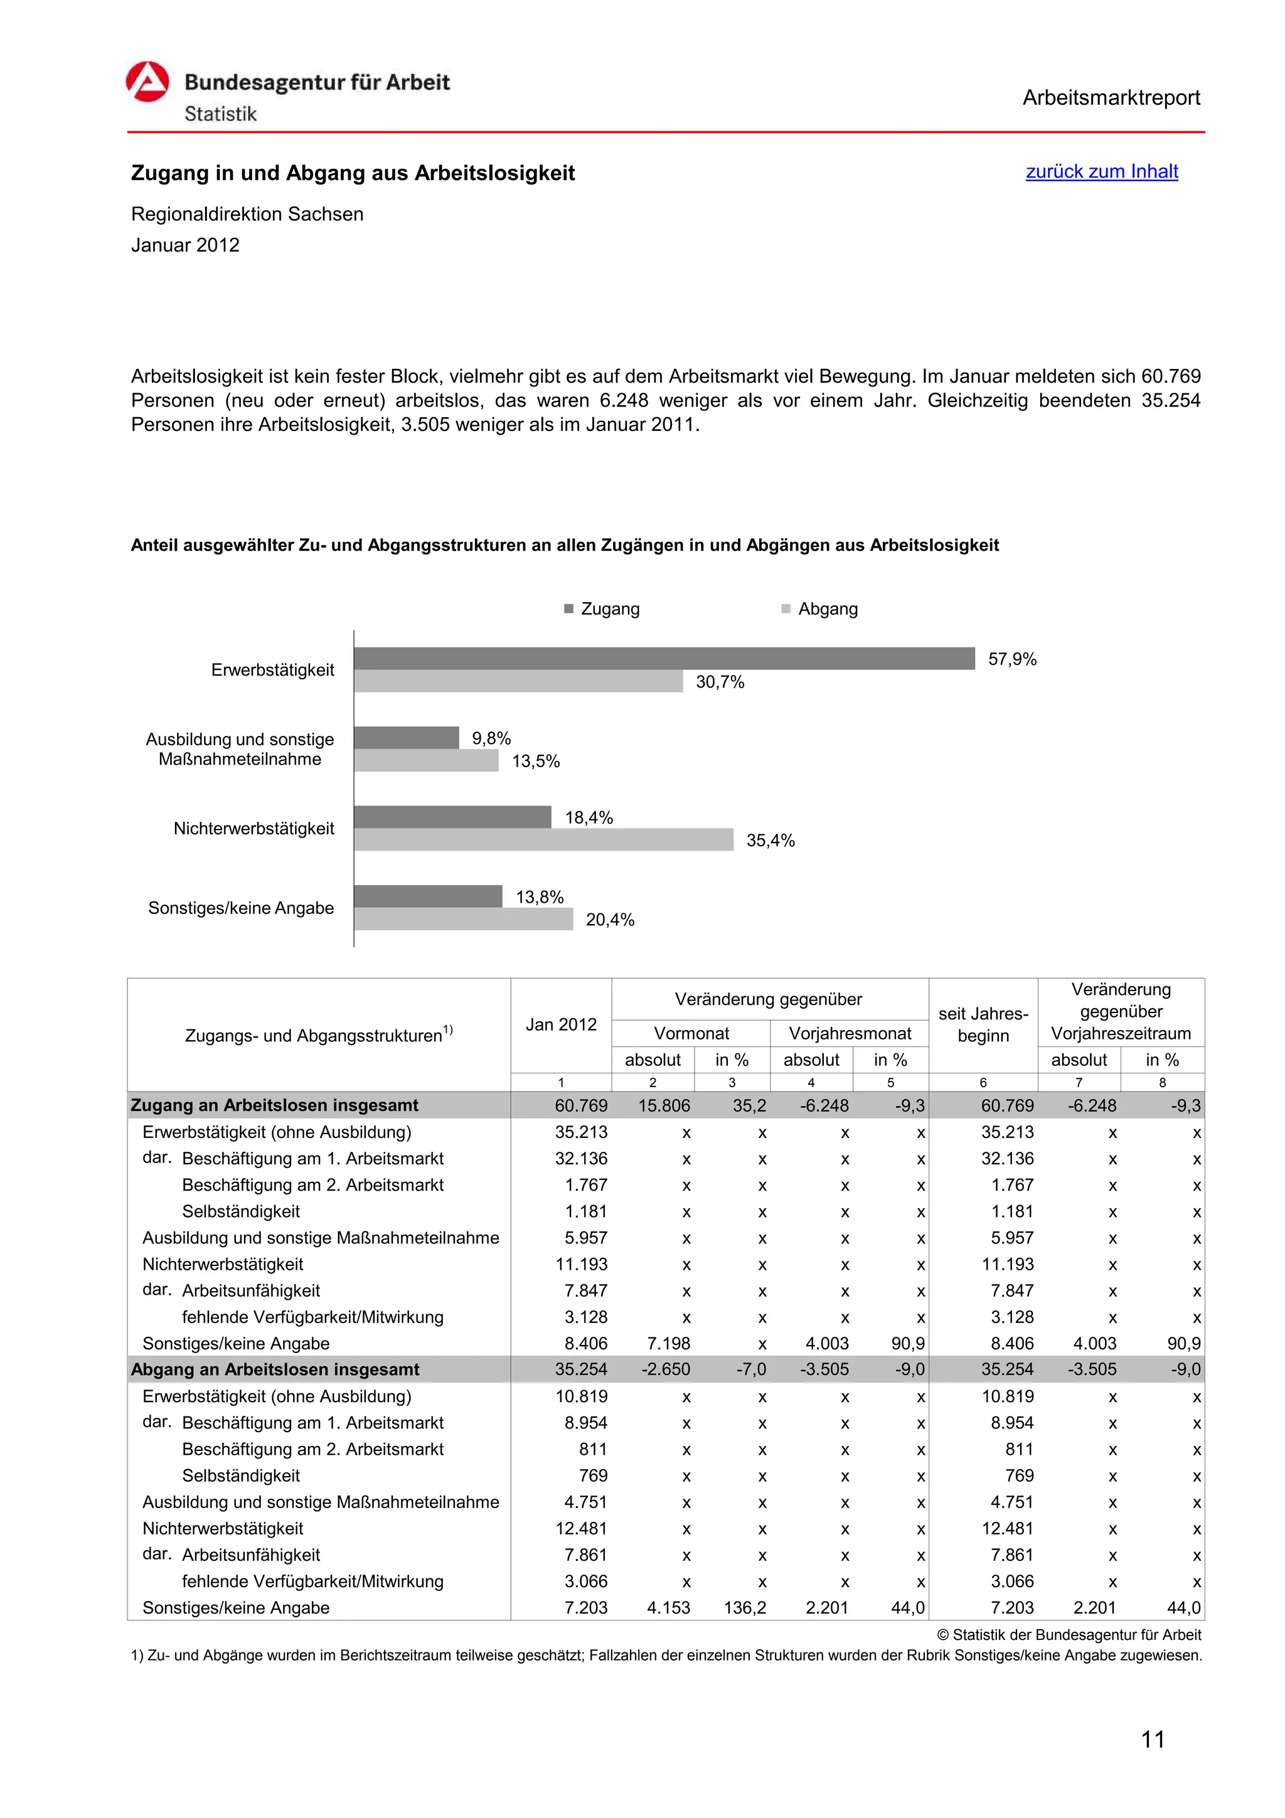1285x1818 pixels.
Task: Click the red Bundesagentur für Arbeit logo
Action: coord(147,82)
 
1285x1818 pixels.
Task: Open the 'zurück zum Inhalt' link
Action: coord(1101,172)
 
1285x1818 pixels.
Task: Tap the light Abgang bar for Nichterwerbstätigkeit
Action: coord(543,839)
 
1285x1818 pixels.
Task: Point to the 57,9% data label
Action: coord(1012,659)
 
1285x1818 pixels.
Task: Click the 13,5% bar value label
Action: coord(536,761)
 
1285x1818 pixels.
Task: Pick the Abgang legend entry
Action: coord(819,609)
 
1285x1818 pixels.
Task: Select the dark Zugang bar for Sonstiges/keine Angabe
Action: coord(427,896)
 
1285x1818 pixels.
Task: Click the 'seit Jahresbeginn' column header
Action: coord(983,1024)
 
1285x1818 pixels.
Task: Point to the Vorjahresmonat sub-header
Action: coord(850,1033)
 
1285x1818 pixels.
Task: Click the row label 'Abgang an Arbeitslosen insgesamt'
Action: coord(275,1369)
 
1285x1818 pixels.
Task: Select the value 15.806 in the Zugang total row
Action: coord(664,1105)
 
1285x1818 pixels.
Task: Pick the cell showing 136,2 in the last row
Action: coord(744,1607)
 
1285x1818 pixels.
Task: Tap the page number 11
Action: coord(1152,1740)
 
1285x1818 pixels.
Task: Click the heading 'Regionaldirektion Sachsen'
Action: coord(247,215)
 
